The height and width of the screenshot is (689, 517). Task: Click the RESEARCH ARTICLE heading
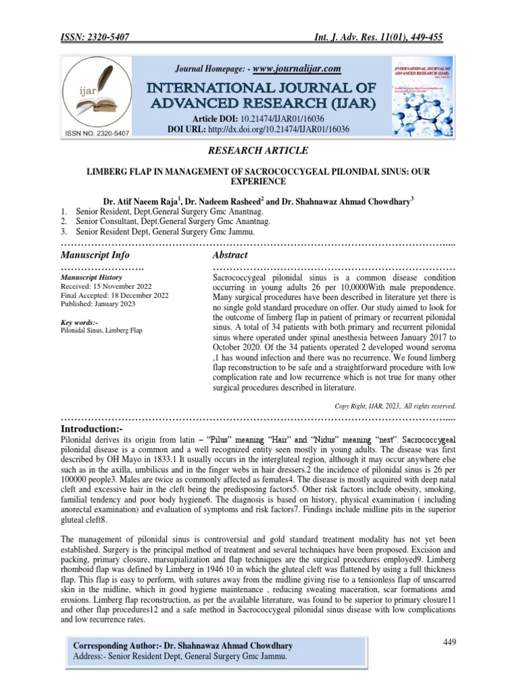tap(258, 151)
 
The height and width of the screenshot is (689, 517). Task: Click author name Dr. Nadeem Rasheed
tap(224, 201)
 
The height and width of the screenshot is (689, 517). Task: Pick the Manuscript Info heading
tap(96, 255)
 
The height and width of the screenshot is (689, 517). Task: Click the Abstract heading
tap(230, 255)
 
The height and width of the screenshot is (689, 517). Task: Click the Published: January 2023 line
tap(98, 303)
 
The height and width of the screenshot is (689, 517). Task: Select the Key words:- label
tap(79, 322)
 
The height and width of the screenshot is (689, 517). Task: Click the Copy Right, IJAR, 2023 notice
tap(395, 406)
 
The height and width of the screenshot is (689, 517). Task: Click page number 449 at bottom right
tap(450, 642)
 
